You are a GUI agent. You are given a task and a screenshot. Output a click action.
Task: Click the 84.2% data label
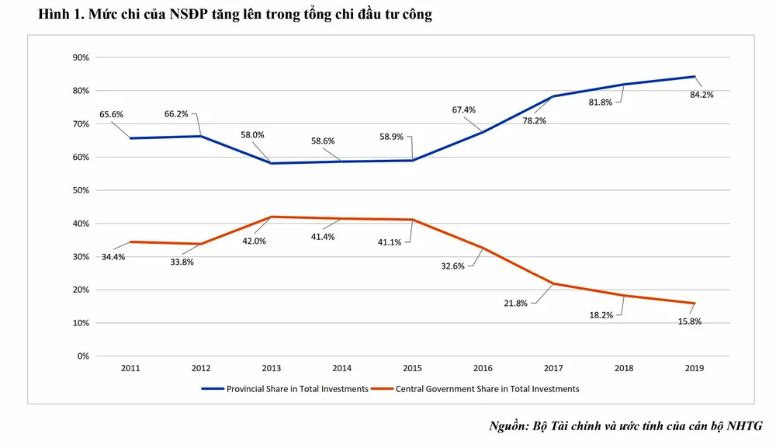(x=702, y=95)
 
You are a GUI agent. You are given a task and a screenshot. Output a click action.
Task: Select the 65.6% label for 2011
(x=111, y=115)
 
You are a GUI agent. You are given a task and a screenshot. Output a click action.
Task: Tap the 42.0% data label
(x=254, y=241)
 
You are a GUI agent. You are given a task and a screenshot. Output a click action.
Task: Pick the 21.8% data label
(x=517, y=304)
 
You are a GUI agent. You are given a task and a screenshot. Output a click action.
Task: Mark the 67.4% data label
(x=463, y=110)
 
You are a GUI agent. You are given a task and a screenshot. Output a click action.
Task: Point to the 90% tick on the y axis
(x=81, y=57)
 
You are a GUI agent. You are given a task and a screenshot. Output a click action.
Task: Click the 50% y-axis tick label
(x=81, y=190)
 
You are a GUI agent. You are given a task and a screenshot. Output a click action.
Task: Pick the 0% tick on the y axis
(x=83, y=356)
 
